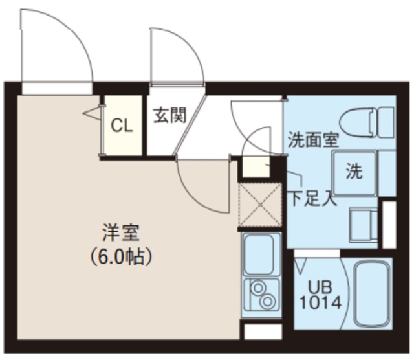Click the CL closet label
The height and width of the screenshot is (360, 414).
click(122, 126)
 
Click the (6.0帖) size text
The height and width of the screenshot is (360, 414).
click(121, 257)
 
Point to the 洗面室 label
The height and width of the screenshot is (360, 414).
click(314, 139)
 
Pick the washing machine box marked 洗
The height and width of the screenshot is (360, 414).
click(354, 172)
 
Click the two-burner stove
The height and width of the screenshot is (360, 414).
click(261, 295)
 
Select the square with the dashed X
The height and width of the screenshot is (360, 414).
click(260, 206)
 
